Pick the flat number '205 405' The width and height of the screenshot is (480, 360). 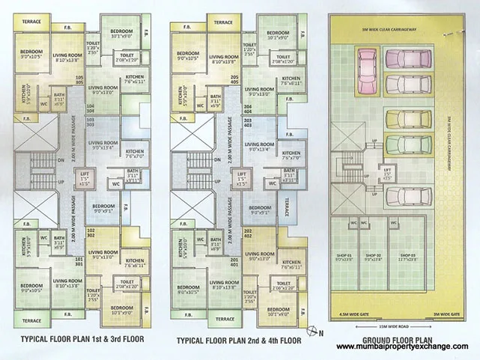[x=234, y=79]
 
